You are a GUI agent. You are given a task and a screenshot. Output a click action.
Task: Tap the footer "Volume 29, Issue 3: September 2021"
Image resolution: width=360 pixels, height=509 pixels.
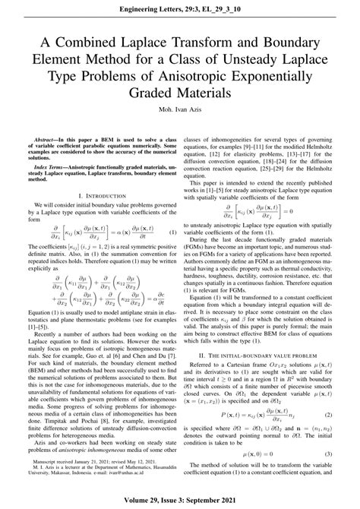click(x=180, y=498)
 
